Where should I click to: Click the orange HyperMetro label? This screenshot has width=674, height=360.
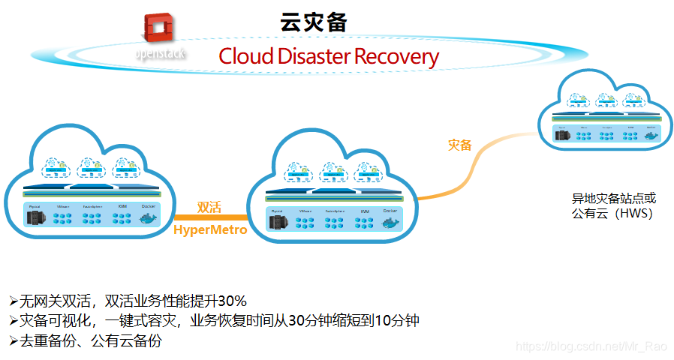point(210,230)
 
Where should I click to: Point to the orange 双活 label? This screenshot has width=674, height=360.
point(209,207)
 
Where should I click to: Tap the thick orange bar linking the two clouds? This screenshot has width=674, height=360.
point(209,218)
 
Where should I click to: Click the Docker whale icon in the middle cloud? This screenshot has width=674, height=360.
point(390,223)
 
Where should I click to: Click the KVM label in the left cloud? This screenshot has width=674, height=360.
point(122,205)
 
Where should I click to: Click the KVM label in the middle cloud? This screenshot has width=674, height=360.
point(365,212)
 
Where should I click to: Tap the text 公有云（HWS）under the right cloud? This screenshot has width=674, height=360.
point(612,214)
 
